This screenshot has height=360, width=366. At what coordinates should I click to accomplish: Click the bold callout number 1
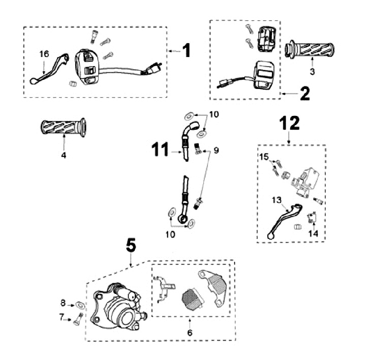coord(187,51)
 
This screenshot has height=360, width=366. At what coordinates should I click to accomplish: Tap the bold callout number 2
coord(304,94)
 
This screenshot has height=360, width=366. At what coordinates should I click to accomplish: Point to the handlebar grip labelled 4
coord(63,127)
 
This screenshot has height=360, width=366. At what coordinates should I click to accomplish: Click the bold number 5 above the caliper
coord(131,246)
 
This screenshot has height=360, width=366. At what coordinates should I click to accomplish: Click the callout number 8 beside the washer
coord(63,303)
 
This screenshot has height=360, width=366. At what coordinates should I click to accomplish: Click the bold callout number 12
coord(289,124)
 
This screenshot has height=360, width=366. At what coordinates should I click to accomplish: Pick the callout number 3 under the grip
coord(312,72)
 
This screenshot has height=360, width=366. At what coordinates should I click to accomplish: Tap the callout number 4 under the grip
coord(64,155)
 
